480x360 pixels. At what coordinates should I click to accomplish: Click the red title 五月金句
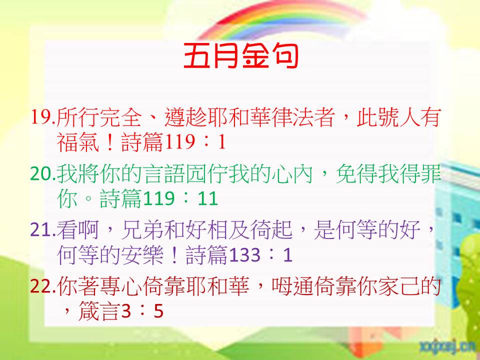241,55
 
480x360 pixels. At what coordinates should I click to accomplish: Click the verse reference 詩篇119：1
173,142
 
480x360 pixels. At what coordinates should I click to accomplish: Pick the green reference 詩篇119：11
159,198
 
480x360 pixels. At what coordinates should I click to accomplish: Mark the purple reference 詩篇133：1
239,254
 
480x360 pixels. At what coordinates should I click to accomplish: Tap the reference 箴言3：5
121,311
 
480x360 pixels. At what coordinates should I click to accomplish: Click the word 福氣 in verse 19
78,142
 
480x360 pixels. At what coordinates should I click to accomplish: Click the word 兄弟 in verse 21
142,229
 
